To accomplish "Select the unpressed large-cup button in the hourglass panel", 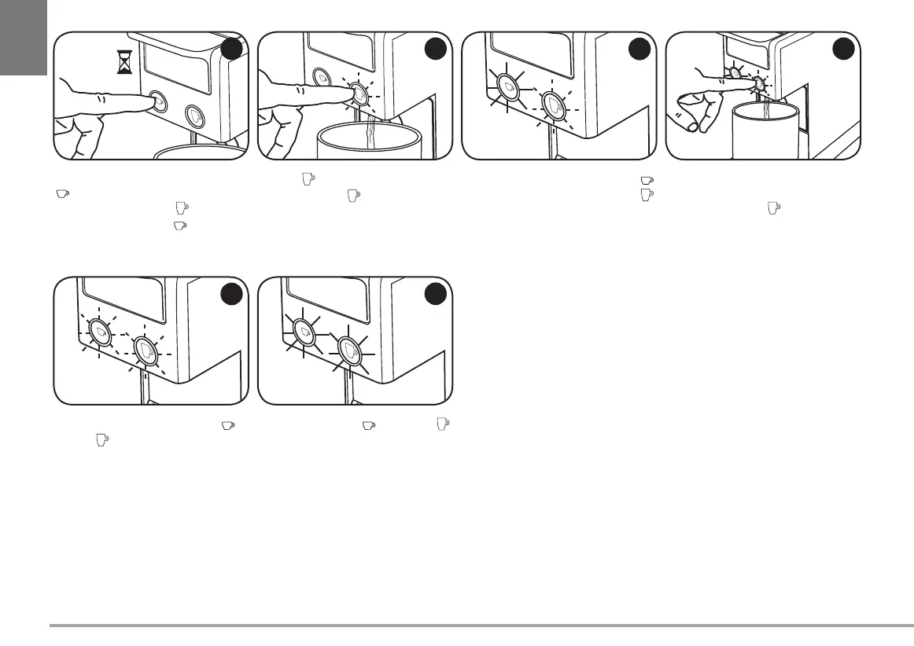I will [194, 116].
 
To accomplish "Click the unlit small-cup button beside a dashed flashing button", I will [322, 77].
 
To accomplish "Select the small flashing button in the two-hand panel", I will [734, 72].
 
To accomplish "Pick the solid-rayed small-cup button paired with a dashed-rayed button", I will [507, 86].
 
